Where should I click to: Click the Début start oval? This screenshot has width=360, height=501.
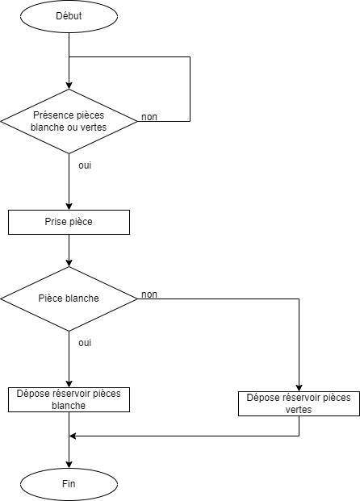[x=69, y=16]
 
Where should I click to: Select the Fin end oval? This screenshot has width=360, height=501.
[x=69, y=484]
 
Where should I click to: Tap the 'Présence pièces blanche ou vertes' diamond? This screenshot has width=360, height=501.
[x=69, y=121]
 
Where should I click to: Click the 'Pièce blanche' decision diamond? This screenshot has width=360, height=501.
[x=69, y=299]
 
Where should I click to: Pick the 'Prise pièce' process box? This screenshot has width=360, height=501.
[x=69, y=222]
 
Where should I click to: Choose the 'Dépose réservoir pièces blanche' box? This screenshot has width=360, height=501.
[x=69, y=399]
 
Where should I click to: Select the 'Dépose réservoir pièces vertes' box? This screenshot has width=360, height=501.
[x=299, y=403]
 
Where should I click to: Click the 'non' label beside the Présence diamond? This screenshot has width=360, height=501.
[x=149, y=117]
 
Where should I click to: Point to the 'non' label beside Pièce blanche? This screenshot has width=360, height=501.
[x=149, y=294]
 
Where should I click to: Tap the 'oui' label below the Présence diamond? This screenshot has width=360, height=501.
[x=85, y=165]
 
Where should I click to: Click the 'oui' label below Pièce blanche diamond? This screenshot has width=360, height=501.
[x=85, y=343]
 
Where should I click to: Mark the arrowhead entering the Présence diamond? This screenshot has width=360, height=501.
[x=69, y=86]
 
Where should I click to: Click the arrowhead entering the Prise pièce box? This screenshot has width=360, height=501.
[x=69, y=207]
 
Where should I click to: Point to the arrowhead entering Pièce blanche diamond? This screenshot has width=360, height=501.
[x=69, y=263]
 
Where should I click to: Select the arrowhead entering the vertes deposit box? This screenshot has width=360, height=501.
[x=299, y=388]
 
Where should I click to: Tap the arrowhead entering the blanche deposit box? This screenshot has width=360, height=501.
[x=69, y=384]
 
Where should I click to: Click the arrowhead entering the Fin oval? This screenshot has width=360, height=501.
[x=69, y=465]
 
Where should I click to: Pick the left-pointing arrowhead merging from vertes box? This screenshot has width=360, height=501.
[x=73, y=436]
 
